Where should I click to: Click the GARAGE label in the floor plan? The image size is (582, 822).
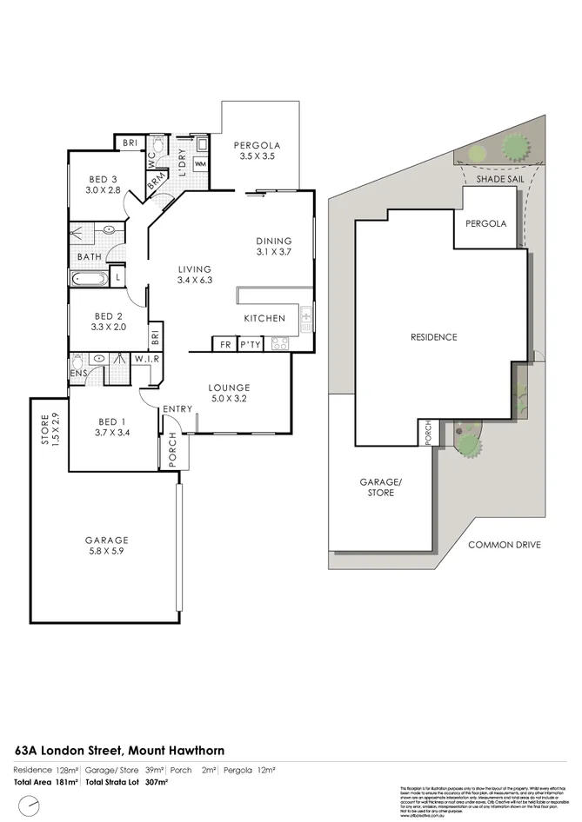pos(106,539)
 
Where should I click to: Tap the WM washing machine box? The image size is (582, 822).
pos(200,163)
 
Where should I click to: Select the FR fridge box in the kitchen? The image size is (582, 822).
pos(225,343)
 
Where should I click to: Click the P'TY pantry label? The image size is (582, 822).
pos(251,343)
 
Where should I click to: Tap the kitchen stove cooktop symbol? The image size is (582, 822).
pos(281,343)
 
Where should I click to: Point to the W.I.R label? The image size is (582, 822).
pos(144,357)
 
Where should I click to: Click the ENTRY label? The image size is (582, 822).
pos(177,409)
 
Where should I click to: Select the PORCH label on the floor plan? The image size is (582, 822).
pos(172,450)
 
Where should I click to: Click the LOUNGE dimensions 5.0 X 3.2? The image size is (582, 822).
pos(229,400)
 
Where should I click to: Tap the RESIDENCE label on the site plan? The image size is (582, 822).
pos(434,337)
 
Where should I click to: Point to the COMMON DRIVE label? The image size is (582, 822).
pos(505,545)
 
